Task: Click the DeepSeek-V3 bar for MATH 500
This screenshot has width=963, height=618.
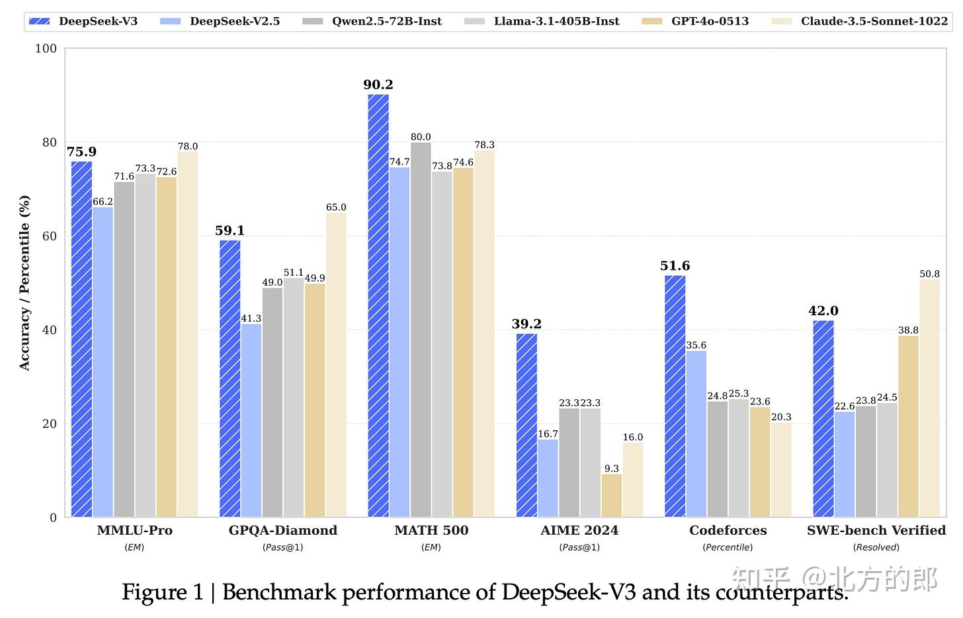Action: pyautogui.click(x=378, y=305)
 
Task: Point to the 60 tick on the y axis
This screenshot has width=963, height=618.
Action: pyautogui.click(x=50, y=236)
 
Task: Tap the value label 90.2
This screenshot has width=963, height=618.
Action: pyautogui.click(x=378, y=85)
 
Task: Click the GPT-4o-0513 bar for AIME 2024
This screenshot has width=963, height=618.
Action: pyautogui.click(x=612, y=495)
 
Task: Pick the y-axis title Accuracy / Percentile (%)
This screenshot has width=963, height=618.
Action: pyautogui.click(x=24, y=283)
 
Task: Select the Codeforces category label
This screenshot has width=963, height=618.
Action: pyautogui.click(x=728, y=530)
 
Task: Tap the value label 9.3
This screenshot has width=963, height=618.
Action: pyautogui.click(x=612, y=469)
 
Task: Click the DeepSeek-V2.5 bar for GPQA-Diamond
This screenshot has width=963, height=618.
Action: pyautogui.click(x=251, y=420)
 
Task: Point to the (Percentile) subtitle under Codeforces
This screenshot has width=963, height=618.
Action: pyautogui.click(x=728, y=547)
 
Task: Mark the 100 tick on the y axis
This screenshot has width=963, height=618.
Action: pyautogui.click(x=46, y=48)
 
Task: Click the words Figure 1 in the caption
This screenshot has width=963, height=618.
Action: pyautogui.click(x=163, y=592)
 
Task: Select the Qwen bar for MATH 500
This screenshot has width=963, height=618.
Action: pyautogui.click(x=421, y=329)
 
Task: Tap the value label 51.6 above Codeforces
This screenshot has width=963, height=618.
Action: pyautogui.click(x=675, y=266)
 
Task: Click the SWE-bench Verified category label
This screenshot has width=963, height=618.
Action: pyautogui.click(x=876, y=530)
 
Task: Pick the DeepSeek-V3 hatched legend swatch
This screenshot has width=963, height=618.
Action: pyautogui.click(x=40, y=21)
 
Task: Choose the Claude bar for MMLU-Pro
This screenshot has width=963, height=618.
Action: pyautogui.click(x=188, y=334)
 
